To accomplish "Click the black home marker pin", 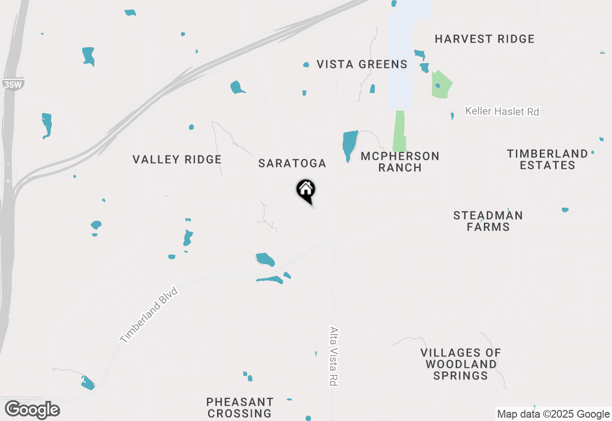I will tap(306, 190).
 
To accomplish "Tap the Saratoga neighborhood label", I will tap(292, 164).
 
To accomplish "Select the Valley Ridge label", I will tap(177, 159).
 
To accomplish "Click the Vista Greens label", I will tap(362, 64).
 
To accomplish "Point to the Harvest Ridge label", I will tap(484, 39).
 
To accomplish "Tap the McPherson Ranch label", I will tap(400, 162).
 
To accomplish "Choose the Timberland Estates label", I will tap(547, 159).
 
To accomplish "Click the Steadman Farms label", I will tap(488, 221).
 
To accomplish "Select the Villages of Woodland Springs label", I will tap(461, 364).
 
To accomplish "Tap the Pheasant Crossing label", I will tap(240, 407).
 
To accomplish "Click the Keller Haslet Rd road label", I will tap(502, 111).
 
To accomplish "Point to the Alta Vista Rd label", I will tap(334, 356).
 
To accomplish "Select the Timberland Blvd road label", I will tap(149, 315).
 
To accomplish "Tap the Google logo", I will tap(33, 410).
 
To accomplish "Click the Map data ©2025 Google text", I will tap(553, 414).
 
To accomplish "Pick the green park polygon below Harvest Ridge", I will tap(441, 85).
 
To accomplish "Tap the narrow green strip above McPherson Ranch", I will tap(399, 131).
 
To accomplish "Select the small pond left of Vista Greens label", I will tap(306, 65).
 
